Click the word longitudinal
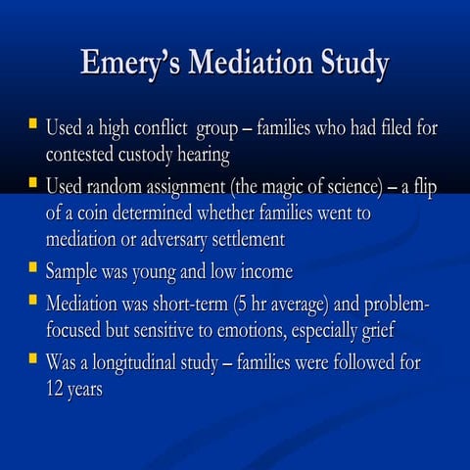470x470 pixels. [x=143, y=362]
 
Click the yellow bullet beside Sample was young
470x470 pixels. [x=32, y=267]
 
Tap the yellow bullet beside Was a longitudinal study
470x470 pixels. [x=32, y=359]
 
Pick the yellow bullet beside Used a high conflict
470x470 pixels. [x=32, y=125]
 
